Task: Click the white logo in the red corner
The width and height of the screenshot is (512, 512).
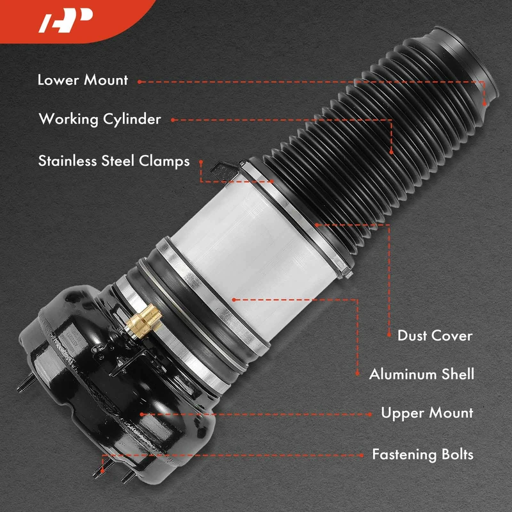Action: (65, 20)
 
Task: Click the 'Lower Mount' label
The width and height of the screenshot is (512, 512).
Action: (83, 81)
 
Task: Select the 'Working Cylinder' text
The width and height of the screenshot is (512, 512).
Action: (100, 120)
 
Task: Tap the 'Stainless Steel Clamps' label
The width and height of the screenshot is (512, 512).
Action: (114, 161)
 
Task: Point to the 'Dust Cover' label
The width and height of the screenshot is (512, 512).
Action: (435, 335)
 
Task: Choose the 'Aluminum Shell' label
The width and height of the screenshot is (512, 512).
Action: (422, 374)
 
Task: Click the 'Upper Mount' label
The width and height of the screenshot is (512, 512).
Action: (427, 413)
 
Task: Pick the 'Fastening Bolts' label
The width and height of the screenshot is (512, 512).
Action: (422, 454)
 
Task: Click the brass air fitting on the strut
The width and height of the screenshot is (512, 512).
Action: (145, 322)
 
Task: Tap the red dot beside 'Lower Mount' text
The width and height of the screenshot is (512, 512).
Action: (140, 82)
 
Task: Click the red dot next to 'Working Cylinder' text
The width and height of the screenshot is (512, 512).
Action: (173, 120)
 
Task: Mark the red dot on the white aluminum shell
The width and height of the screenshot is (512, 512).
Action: (234, 300)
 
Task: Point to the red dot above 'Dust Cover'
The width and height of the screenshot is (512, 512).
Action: (389, 335)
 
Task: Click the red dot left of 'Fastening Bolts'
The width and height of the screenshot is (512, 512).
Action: (361, 455)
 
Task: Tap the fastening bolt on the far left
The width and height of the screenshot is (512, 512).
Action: (26, 383)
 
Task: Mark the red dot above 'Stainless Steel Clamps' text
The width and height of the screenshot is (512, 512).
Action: (201, 162)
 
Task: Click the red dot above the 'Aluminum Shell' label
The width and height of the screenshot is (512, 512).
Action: (358, 373)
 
